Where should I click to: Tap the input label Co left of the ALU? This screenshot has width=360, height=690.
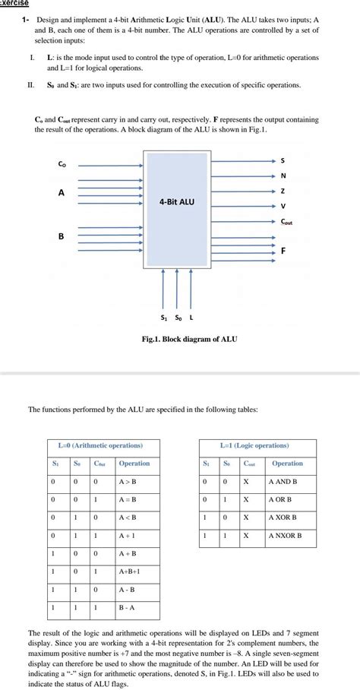(x=62, y=164)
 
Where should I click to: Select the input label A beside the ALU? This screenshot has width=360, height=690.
(x=62, y=193)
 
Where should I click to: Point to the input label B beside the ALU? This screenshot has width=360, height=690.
(x=62, y=236)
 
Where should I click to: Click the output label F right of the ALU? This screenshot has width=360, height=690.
(x=283, y=251)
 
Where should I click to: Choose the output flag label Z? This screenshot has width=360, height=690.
(x=283, y=191)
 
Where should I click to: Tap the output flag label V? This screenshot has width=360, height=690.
(x=283, y=206)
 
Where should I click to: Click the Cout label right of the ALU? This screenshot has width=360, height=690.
(x=286, y=221)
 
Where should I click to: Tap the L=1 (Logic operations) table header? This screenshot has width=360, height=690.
(x=254, y=445)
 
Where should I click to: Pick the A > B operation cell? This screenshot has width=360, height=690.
(x=128, y=481)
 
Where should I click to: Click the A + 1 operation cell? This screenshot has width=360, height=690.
(x=127, y=536)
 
